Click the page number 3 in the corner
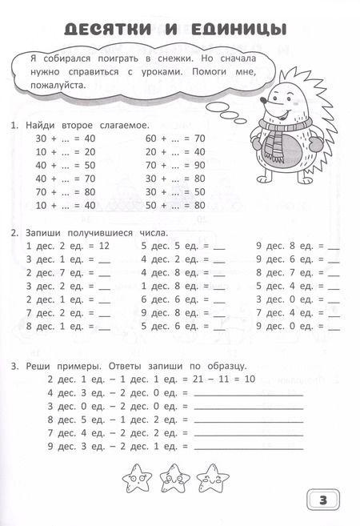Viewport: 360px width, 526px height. click(324, 500)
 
